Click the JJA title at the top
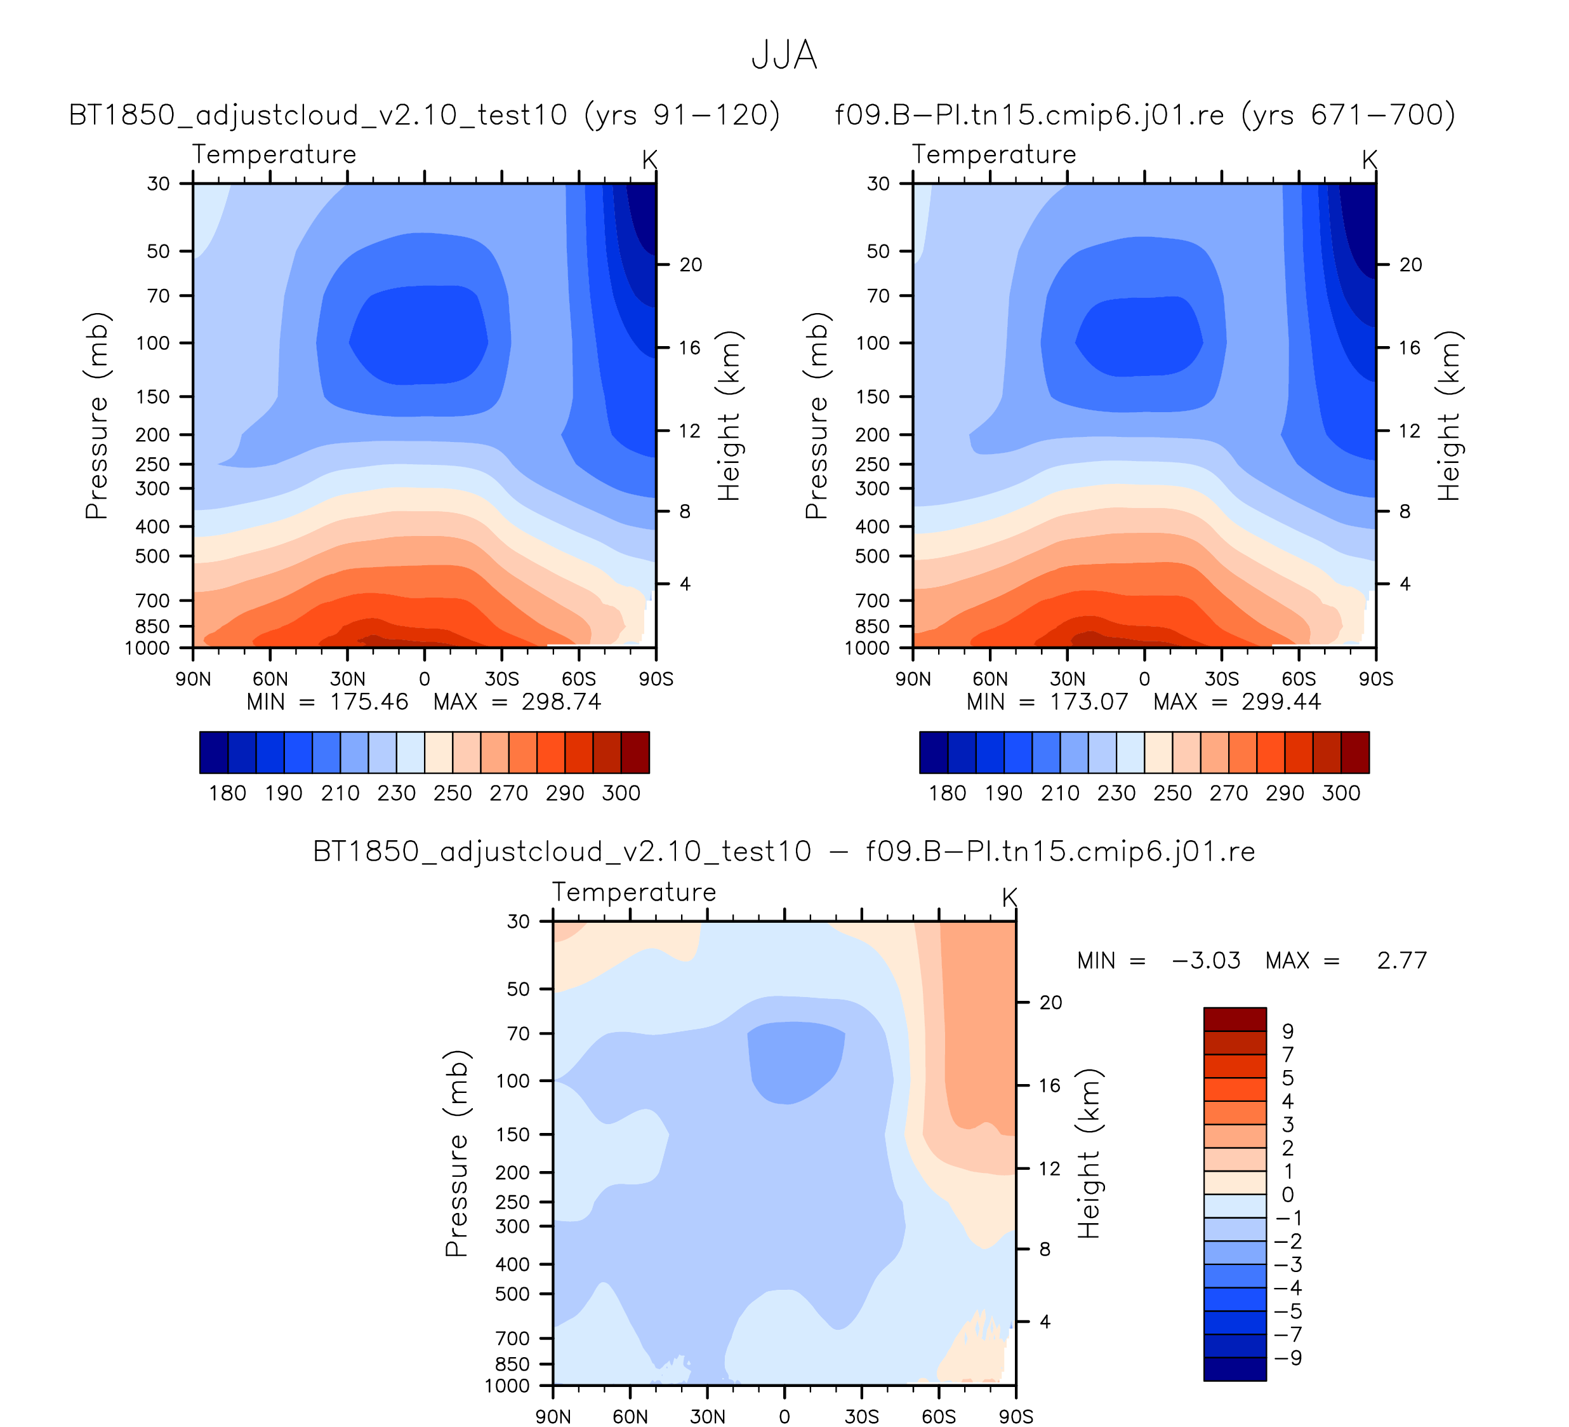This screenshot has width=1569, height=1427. tap(784, 56)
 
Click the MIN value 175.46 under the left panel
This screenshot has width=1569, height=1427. tap(368, 702)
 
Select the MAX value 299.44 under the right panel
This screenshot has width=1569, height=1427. tap(1281, 702)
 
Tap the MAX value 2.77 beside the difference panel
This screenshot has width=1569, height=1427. tap(1401, 961)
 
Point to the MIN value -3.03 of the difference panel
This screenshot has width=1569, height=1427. tap(1205, 961)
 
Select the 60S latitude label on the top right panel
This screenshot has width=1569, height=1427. tap(1299, 680)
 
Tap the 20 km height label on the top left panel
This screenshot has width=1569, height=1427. tap(691, 265)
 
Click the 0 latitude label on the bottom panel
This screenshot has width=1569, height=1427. tap(784, 1417)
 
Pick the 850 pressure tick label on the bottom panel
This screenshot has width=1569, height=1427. tap(513, 1364)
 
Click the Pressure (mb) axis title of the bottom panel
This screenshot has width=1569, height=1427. tap(457, 1153)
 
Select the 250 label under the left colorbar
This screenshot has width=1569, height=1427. tap(453, 793)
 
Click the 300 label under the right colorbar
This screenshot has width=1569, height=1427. tap(1341, 793)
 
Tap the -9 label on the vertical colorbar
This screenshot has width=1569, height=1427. tap(1289, 1358)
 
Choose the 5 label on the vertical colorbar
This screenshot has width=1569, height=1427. tap(1288, 1078)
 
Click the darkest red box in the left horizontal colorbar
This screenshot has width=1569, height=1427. tap(635, 752)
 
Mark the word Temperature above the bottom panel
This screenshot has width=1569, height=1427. tap(634, 892)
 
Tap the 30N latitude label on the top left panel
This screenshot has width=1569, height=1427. tap(347, 680)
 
